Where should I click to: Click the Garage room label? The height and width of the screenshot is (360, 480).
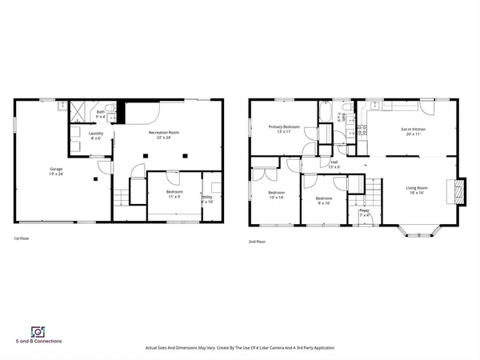click(57, 171)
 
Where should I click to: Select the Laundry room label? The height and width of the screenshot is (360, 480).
click(97, 136)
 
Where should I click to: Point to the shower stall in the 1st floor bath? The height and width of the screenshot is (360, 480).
click(79, 112)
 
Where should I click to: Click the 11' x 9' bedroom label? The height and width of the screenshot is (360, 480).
click(174, 194)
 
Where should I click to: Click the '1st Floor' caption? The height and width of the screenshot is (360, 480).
click(22, 239)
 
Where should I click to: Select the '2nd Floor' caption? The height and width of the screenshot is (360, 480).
click(257, 241)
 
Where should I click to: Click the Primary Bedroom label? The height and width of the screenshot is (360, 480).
click(284, 129)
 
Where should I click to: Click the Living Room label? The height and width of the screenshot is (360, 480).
click(417, 190)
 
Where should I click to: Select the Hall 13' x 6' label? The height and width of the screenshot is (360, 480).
click(334, 165)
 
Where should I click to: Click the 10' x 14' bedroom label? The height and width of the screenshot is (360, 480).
click(276, 195)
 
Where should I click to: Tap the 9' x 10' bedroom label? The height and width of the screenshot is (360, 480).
click(323, 200)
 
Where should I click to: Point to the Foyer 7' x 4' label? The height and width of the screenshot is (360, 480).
click(365, 212)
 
